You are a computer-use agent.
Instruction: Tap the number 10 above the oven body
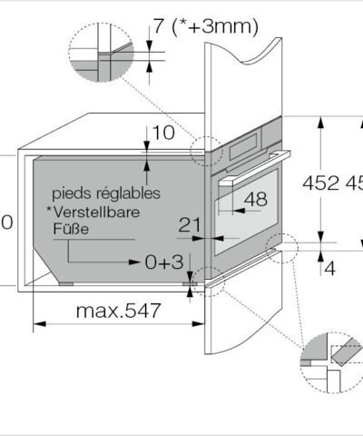click(163, 134)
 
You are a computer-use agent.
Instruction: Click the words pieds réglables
click(106, 193)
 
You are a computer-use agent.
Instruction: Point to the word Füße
click(70, 230)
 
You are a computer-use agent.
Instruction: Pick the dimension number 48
click(255, 199)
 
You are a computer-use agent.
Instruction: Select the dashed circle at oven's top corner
click(206, 151)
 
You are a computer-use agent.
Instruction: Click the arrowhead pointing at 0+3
click(138, 263)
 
